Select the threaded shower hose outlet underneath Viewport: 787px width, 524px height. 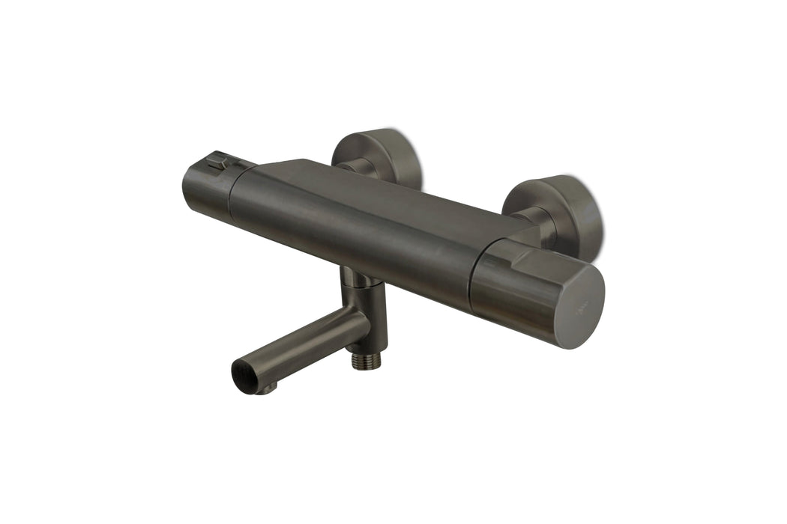click(x=366, y=360)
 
